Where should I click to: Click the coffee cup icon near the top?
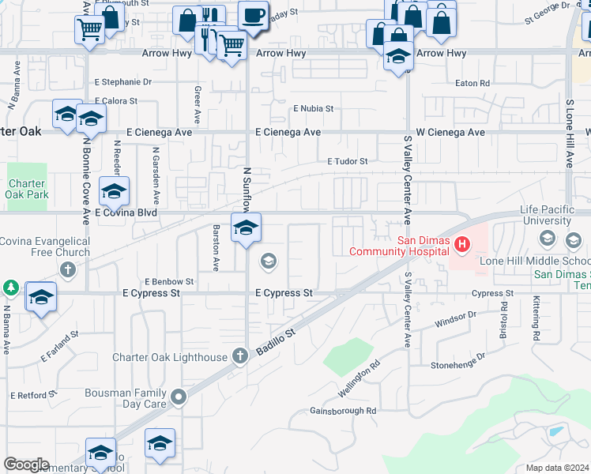coord(253,16)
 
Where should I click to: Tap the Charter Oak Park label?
coord(28,189)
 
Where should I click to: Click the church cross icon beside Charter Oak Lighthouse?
coord(240,357)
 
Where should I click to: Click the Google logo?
coord(26,465)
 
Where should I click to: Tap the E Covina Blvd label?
coord(126,213)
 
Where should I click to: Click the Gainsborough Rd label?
coord(343,411)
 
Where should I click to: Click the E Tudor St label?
coord(348,161)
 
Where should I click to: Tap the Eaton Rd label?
coord(472,82)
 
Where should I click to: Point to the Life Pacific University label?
coord(555,216)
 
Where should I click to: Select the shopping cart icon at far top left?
coord(90,30)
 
